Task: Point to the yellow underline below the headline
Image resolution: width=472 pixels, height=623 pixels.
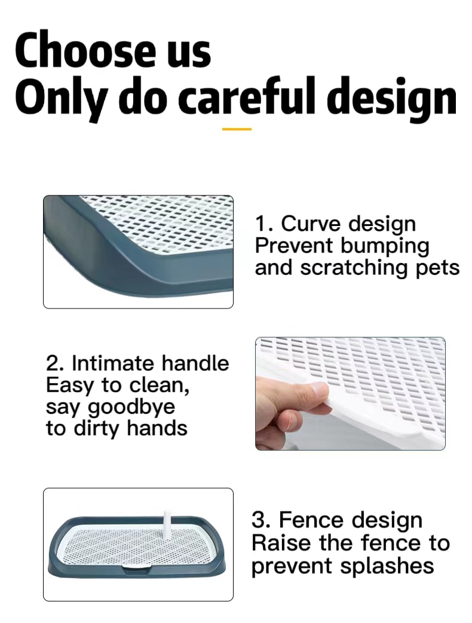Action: point(237,129)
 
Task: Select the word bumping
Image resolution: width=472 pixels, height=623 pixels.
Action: point(385,247)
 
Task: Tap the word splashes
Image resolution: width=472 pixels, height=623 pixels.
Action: point(387,566)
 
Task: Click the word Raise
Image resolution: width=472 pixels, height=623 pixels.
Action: point(281,543)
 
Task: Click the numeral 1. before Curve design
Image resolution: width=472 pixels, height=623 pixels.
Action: point(264,224)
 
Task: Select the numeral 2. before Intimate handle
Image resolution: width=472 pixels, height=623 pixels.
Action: point(56,364)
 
